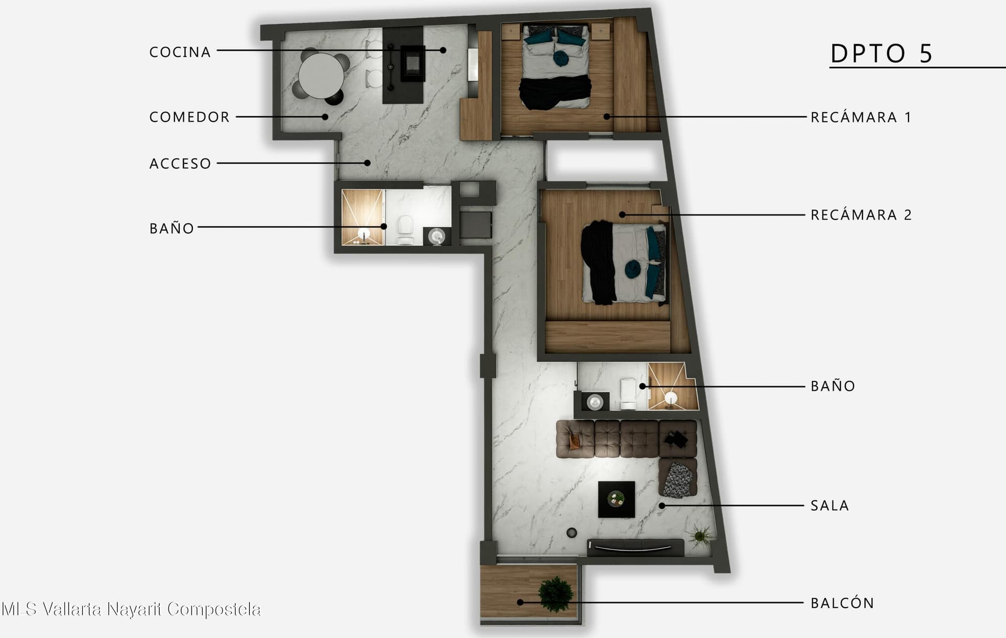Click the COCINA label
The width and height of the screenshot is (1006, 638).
(x=180, y=52)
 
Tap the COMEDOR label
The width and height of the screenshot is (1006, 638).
(x=190, y=117)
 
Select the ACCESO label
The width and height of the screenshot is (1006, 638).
(x=180, y=163)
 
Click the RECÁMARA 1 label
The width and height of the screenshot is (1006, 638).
(x=861, y=116)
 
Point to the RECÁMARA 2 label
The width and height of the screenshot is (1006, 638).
(x=861, y=214)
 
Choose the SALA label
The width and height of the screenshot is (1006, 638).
(x=830, y=505)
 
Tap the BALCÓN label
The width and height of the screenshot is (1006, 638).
(x=843, y=602)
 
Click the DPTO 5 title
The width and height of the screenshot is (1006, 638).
(x=882, y=53)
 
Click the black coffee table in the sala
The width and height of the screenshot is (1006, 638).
(x=617, y=499)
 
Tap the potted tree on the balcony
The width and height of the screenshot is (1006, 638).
(x=556, y=594)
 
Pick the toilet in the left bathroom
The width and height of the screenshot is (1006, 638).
(x=406, y=230)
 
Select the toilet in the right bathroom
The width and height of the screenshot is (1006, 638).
(x=628, y=393)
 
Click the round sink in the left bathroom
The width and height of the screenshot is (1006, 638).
(x=436, y=237)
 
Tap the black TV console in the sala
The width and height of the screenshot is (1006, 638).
(x=636, y=547)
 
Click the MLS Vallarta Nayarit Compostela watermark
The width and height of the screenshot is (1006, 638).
(x=131, y=609)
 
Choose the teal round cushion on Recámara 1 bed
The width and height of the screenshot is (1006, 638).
(x=562, y=58)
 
